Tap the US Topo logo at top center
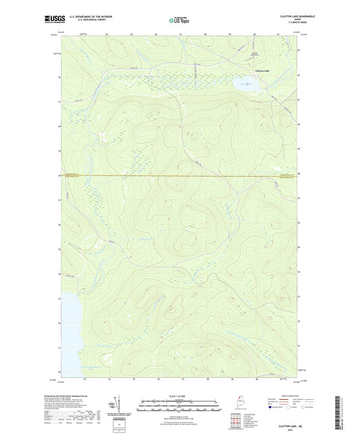pos(179,20)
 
